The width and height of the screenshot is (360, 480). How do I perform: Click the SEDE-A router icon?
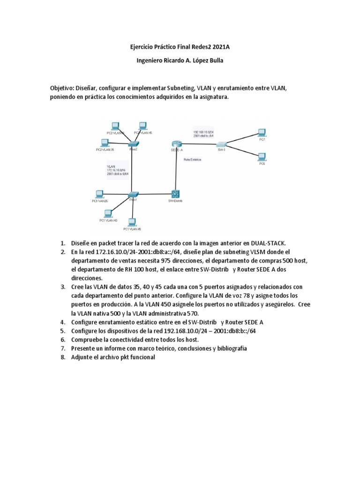click(x=176, y=143)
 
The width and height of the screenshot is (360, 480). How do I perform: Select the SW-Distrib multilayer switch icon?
click(x=176, y=194)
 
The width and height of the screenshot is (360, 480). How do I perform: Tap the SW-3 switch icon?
click(x=222, y=143)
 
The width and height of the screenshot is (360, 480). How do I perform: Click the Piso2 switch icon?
click(x=133, y=143)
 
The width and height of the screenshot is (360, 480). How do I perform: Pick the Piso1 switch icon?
click(x=133, y=194)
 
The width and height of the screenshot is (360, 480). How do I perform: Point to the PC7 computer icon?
click(x=262, y=133)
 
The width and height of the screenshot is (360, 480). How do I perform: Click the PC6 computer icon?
click(x=262, y=157)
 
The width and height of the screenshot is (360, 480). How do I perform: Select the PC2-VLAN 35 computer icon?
click(x=105, y=142)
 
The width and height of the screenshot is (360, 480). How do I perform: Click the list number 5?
click(x=62, y=330)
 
